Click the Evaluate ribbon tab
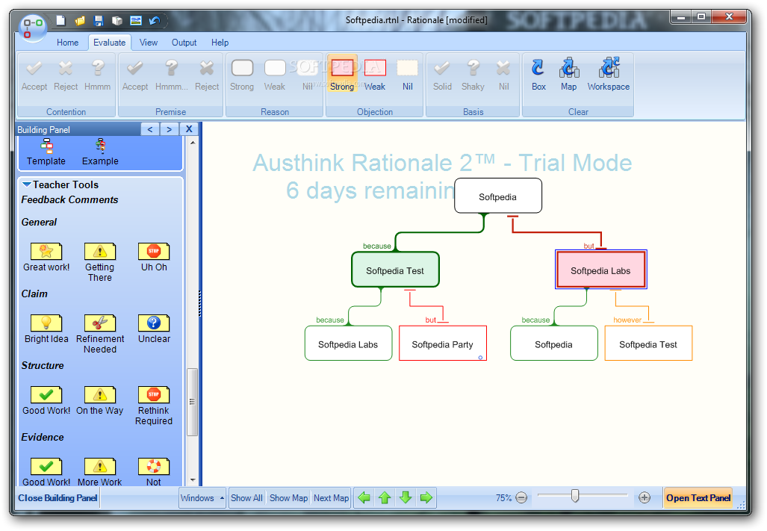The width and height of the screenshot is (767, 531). (x=110, y=43)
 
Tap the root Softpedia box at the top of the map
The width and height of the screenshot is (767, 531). (x=498, y=196)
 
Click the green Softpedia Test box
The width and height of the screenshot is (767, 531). (x=395, y=270)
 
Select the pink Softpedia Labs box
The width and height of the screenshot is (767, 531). (x=600, y=270)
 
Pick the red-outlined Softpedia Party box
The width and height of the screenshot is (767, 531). (x=443, y=344)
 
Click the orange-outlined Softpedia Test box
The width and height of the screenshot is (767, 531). (x=648, y=344)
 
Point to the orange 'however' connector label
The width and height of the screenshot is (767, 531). (x=627, y=320)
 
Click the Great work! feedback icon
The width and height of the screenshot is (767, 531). (x=46, y=252)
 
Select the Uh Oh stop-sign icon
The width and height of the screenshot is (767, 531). (x=154, y=252)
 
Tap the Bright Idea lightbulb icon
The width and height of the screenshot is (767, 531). (x=46, y=323)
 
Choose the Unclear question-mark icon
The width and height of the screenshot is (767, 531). (x=154, y=323)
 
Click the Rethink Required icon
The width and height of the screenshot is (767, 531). (x=154, y=394)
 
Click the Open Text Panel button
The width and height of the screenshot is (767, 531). (x=698, y=497)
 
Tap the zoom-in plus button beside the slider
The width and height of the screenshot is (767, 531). (x=645, y=497)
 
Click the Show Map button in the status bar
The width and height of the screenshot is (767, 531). (x=288, y=497)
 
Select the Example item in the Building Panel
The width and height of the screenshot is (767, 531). (x=100, y=152)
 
